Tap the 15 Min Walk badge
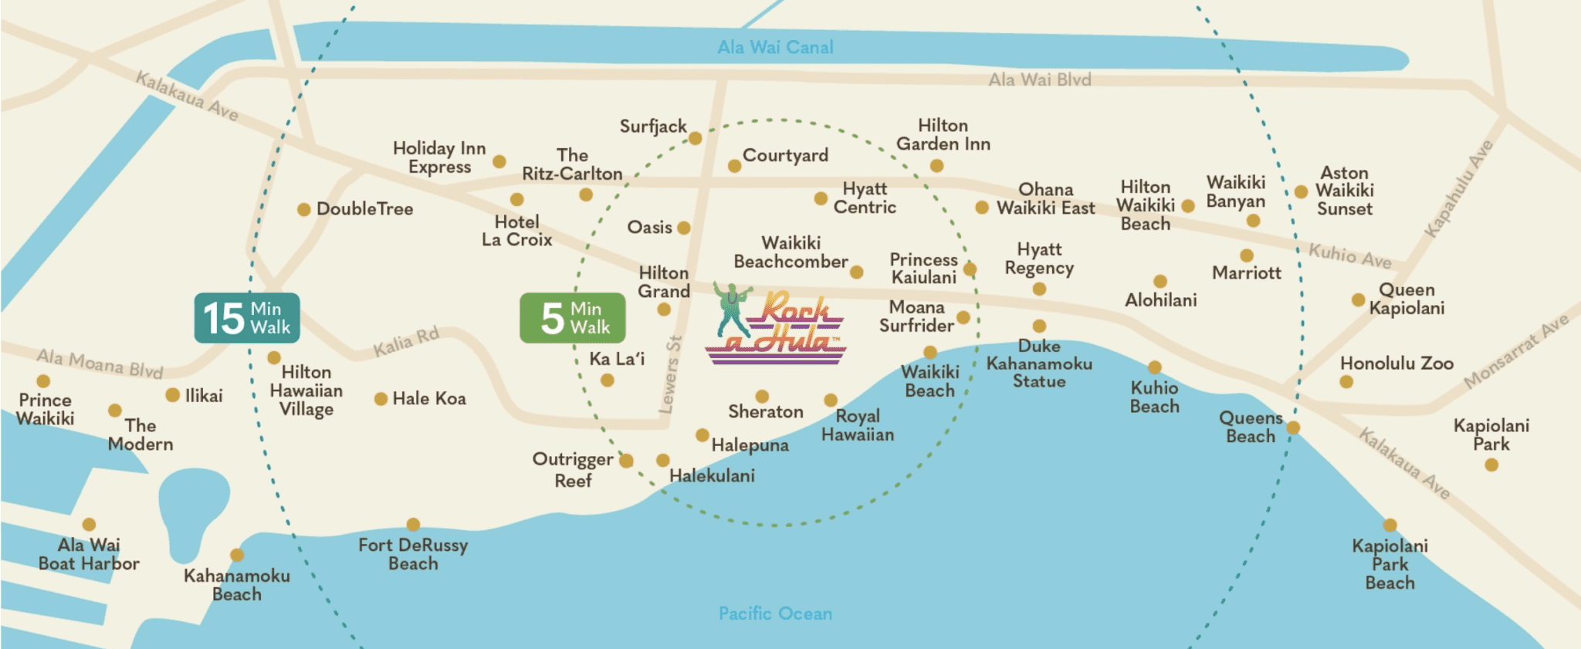click(247, 318)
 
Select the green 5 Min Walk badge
click(573, 318)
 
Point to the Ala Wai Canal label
click(775, 47)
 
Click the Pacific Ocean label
click(775, 614)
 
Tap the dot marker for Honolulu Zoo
click(1346, 381)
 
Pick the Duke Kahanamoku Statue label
click(1039, 363)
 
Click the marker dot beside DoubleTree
click(304, 209)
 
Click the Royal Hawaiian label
click(858, 425)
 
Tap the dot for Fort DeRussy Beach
click(413, 525)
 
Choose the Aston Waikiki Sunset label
click(1344, 191)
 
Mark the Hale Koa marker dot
click(381, 399)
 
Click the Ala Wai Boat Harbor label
click(89, 554)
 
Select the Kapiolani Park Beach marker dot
click(1390, 526)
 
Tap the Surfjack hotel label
click(652, 127)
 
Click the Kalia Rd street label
click(406, 342)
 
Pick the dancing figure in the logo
click(730, 307)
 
